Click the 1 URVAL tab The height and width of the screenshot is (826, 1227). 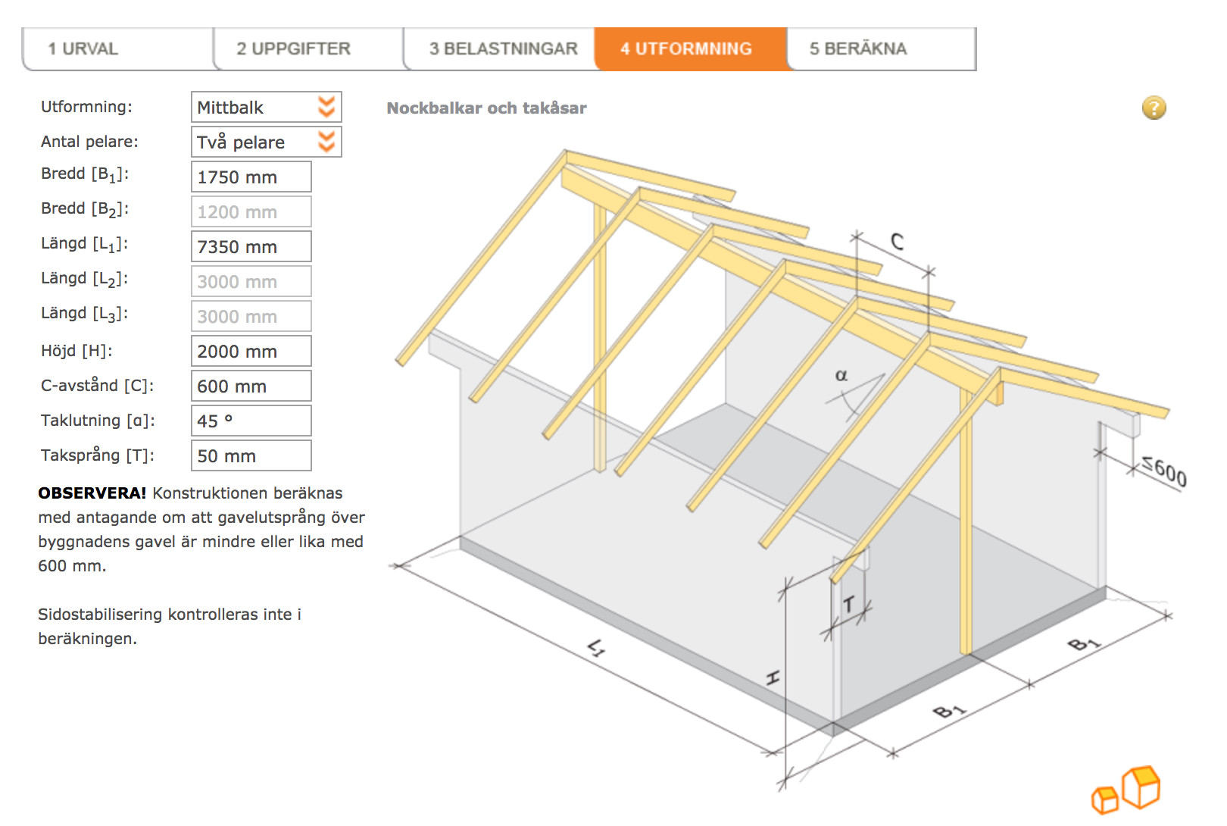point(117,48)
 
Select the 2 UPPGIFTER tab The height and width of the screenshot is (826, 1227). point(309,48)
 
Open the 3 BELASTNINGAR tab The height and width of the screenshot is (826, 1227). point(500,48)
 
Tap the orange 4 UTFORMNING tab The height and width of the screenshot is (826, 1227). point(692,48)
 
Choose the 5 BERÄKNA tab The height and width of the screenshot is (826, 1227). point(882,48)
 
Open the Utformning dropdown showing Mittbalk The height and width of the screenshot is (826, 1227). point(266,107)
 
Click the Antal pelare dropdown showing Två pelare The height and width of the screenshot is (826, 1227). point(266,142)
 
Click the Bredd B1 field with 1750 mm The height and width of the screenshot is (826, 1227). point(251,177)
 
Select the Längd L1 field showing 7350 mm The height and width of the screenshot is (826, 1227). point(251,246)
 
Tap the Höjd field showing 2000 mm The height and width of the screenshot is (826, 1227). point(251,351)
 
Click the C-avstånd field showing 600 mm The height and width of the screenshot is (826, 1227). point(251,386)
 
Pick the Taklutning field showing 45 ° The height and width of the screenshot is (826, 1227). point(251,421)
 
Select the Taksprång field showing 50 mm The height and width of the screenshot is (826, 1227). point(251,455)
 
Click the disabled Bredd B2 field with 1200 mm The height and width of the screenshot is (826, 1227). point(251,211)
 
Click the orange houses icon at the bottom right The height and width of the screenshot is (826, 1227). point(1126,790)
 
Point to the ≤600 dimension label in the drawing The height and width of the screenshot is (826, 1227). point(1165,471)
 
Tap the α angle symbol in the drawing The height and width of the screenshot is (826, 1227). point(841,375)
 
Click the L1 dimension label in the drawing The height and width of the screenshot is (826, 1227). point(597,648)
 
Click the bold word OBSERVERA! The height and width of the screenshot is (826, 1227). point(92,493)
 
